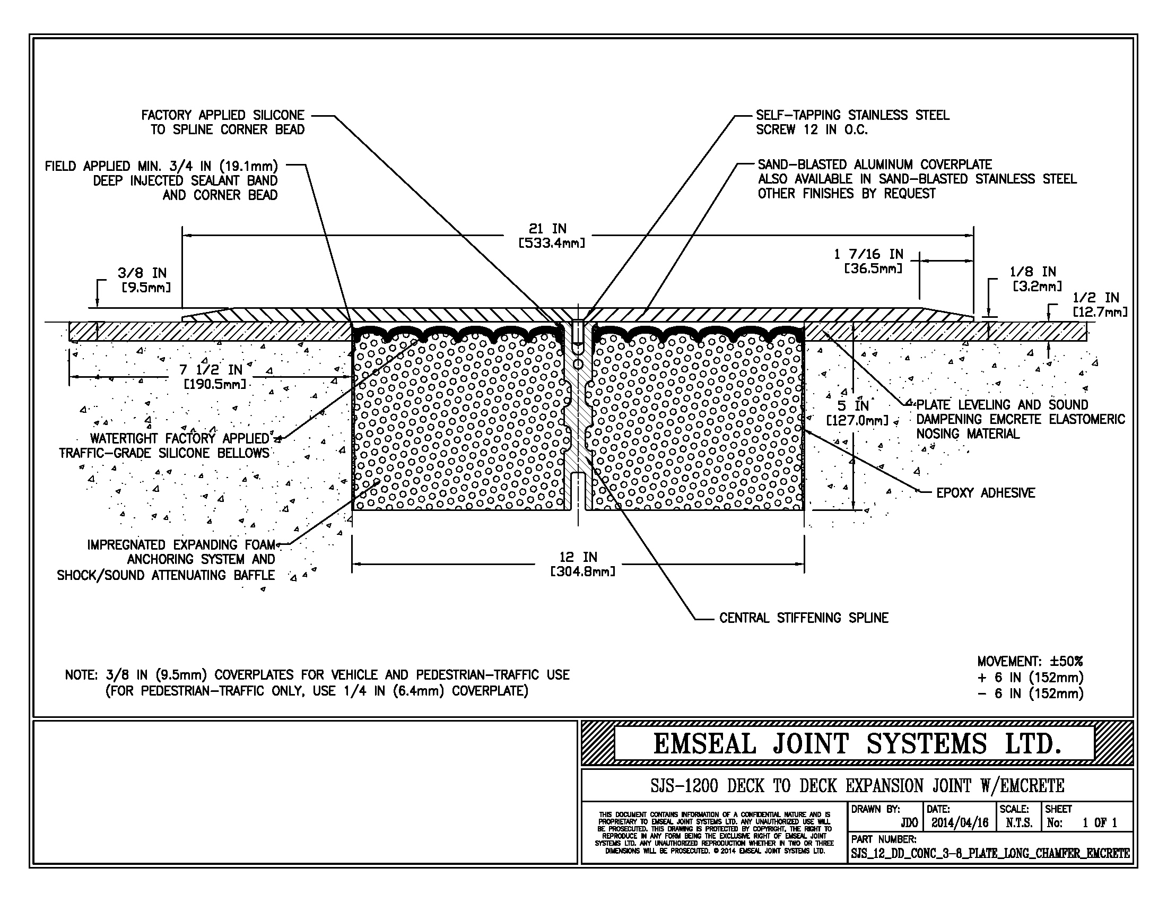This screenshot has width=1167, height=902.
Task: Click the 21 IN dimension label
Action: point(552,235)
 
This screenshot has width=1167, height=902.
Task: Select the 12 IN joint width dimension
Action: point(582,563)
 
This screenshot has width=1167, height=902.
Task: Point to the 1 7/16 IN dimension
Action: point(868,260)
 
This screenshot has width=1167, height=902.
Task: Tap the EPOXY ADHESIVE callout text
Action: point(986,493)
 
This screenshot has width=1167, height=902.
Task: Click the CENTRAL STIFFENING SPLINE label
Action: point(804,618)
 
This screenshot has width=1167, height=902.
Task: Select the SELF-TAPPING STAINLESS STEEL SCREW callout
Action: point(852,122)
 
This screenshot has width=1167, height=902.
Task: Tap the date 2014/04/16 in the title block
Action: point(960,823)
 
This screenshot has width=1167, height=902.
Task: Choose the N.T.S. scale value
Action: point(1018,823)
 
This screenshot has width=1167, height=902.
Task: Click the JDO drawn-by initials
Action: point(909,823)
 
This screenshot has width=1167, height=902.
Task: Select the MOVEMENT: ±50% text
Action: point(1030,662)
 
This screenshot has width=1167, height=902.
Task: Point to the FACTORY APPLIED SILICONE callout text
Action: point(223,122)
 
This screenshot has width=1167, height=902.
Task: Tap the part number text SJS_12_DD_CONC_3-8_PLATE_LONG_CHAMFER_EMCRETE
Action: point(990,853)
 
